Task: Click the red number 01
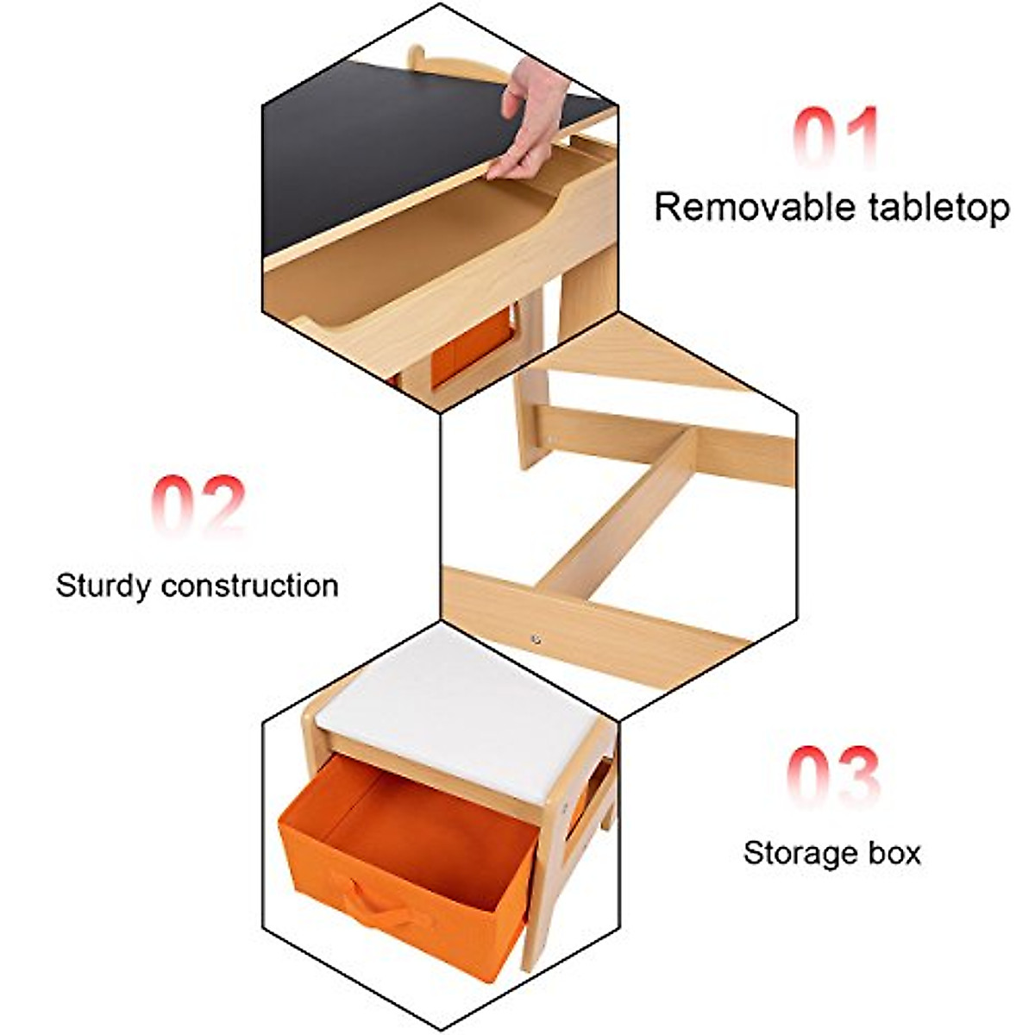(x=835, y=138)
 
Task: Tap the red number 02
(x=198, y=505)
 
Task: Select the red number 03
(x=833, y=776)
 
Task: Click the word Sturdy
(x=103, y=586)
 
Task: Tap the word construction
(x=250, y=586)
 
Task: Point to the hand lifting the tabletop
(x=530, y=121)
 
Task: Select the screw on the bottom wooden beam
(x=536, y=639)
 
